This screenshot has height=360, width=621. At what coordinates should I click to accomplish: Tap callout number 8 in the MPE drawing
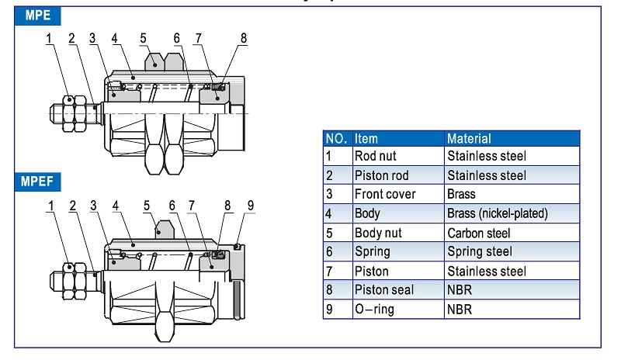243,37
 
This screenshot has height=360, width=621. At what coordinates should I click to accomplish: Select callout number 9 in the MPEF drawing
249,206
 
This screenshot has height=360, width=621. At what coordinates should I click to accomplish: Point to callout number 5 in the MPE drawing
143,37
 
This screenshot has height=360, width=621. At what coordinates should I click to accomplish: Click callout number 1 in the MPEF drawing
50,206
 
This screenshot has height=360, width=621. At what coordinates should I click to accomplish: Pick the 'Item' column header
366,138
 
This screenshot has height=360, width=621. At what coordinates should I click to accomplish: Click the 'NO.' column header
336,138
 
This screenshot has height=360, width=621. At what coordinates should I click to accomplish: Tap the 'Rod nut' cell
375,156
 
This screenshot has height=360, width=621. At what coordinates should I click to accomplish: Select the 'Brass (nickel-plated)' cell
498,213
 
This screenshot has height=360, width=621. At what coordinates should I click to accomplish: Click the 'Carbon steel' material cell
479,233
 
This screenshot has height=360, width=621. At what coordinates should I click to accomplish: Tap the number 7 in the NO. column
329,271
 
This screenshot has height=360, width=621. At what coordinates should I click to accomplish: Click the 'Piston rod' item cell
381,175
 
